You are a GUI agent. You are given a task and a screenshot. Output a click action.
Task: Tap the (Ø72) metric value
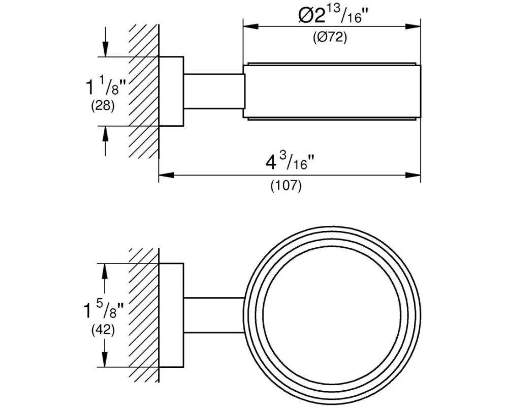(330, 38)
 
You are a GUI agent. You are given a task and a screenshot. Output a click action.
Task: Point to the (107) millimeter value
(285, 186)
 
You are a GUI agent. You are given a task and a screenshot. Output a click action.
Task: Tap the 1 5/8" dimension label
(104, 308)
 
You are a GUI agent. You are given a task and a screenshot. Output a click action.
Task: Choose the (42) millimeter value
(102, 330)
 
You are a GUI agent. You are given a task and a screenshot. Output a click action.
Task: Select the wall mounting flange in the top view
(171, 91)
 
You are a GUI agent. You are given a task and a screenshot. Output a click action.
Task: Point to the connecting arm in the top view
(213, 91)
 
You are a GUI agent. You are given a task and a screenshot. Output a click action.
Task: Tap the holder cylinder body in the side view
(333, 91)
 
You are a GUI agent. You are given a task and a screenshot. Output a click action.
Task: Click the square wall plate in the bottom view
(171, 315)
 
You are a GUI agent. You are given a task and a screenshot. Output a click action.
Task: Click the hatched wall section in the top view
(144, 92)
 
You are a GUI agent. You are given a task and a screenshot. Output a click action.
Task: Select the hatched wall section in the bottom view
(144, 315)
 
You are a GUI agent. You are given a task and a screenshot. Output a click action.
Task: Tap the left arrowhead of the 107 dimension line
(164, 176)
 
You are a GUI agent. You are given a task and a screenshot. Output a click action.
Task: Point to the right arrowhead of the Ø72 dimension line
(416, 26)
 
